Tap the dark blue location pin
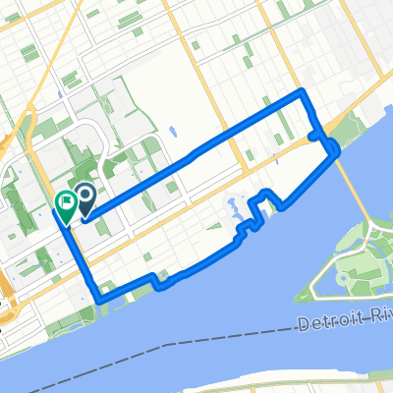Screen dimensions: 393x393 click(84, 200)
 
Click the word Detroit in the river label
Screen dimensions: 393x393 click(329, 319)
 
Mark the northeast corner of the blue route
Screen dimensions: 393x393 click(303, 92)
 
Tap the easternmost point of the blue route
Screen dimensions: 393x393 click(339, 149)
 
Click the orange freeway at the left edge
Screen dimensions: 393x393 click(4, 285)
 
